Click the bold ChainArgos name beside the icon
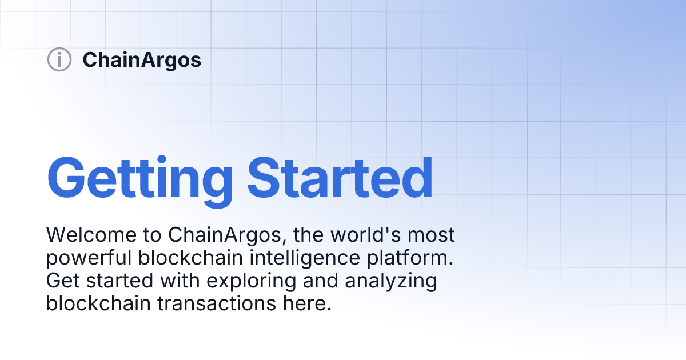[142, 60]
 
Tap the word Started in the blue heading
[340, 178]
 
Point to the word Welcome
[91, 235]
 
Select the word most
[431, 235]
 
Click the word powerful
[89, 258]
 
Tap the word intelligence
[305, 258]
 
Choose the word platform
[410, 258]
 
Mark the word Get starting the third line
[63, 281]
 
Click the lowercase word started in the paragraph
[119, 281]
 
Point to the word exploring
[252, 281]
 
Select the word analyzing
[391, 281]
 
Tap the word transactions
[217, 303]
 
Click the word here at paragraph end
[307, 303]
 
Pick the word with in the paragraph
[180, 281]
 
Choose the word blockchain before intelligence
[190, 258]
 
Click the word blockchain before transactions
[98, 303]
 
